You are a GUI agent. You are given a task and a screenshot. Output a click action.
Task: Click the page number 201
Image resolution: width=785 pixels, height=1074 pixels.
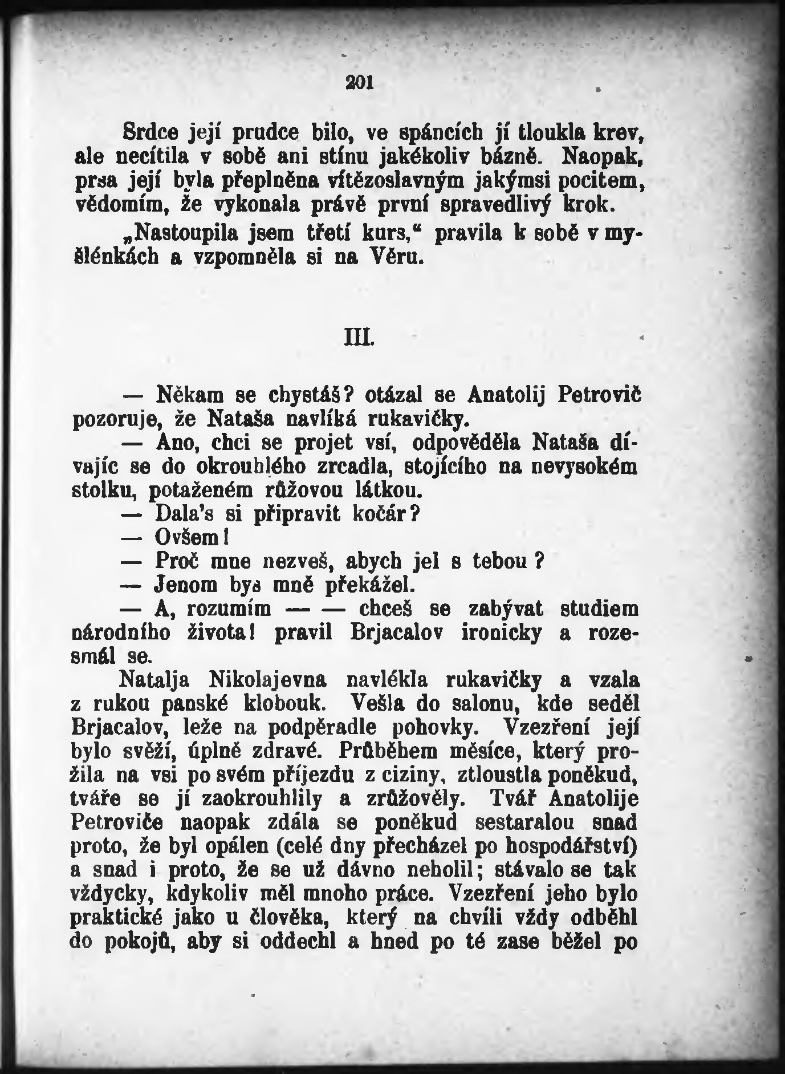click(x=359, y=83)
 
